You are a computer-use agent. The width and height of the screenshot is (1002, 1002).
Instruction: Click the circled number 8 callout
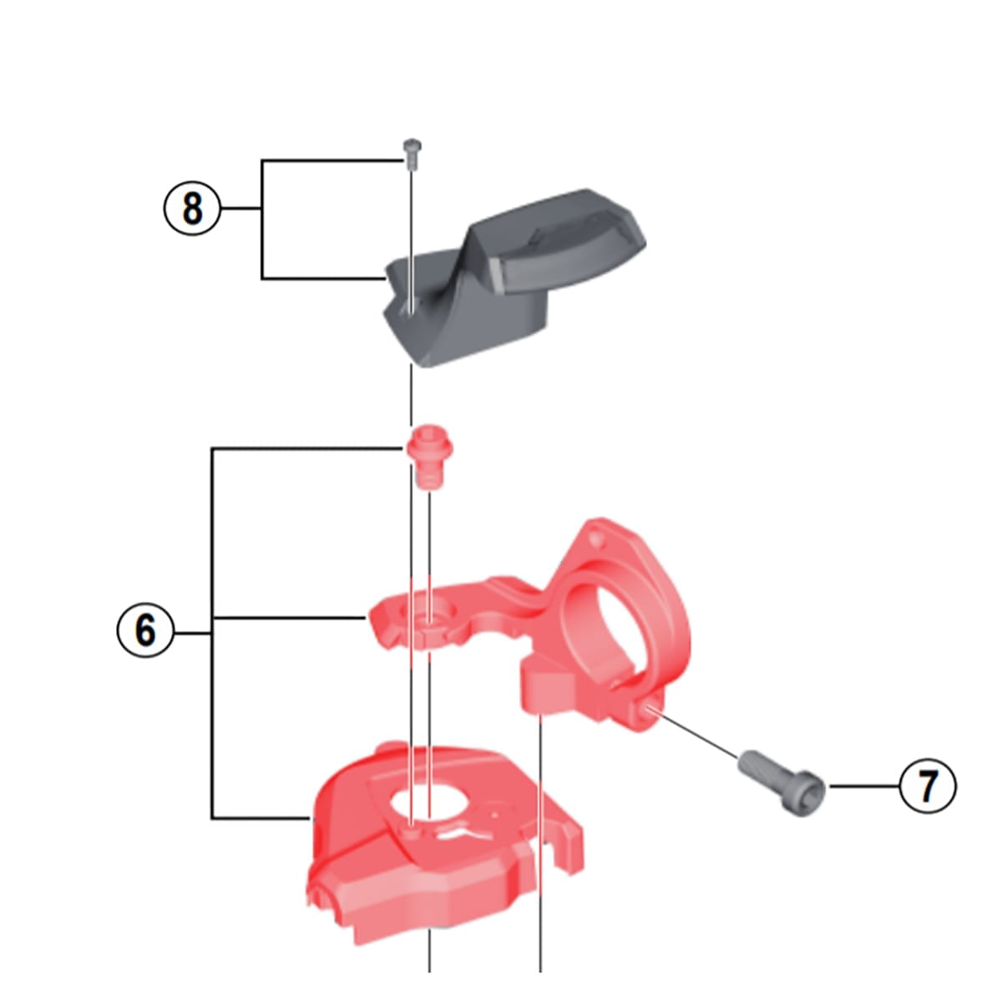(x=192, y=208)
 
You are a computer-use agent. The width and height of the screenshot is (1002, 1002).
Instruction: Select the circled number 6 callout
(x=145, y=630)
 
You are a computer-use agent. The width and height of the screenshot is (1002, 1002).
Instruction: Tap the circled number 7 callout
(x=928, y=786)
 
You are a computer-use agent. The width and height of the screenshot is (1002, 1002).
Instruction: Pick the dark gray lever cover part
(x=501, y=276)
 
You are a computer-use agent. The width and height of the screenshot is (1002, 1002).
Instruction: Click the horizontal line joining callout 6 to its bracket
(x=193, y=630)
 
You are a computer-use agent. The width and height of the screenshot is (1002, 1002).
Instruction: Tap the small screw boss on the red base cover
(x=410, y=832)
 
